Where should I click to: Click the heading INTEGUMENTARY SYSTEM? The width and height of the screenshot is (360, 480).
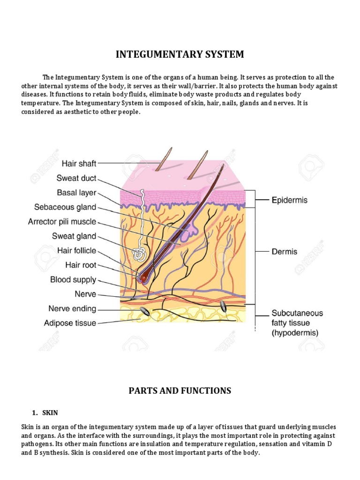pyautogui.click(x=180, y=54)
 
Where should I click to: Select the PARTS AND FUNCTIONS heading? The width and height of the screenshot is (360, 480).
pyautogui.click(x=180, y=390)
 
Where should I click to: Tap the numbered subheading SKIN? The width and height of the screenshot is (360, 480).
pyautogui.click(x=49, y=412)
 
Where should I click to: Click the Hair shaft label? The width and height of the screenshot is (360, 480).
pyautogui.click(x=79, y=164)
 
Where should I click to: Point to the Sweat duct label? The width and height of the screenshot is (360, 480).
pyautogui.click(x=76, y=178)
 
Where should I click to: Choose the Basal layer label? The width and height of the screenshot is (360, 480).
pyautogui.click(x=76, y=193)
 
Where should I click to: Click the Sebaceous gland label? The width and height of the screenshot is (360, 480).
pyautogui.click(x=65, y=207)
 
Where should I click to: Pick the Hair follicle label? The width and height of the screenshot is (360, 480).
pyautogui.click(x=76, y=251)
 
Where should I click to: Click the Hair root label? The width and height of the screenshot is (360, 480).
pyautogui.click(x=81, y=265)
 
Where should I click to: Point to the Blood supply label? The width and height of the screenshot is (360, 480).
pyautogui.click(x=73, y=280)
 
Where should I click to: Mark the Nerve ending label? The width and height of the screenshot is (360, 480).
pyautogui.click(x=72, y=309)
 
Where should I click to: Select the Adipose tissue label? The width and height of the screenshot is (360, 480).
pyautogui.click(x=70, y=323)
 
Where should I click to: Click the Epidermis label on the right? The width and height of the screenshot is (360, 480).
pyautogui.click(x=290, y=200)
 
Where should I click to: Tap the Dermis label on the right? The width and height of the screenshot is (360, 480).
pyautogui.click(x=284, y=252)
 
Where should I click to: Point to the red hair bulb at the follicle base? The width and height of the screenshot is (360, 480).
pyautogui.click(x=142, y=277)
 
